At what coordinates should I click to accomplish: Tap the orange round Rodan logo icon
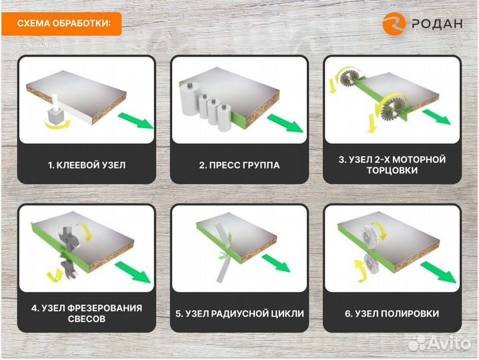point(394,23)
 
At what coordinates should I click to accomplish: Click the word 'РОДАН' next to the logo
point(438,23)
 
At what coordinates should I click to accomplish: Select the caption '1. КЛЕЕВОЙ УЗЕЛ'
point(86,165)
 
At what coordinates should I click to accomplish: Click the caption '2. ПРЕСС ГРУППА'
point(239,165)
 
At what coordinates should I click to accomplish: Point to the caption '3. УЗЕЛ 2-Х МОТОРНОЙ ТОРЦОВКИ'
point(392,165)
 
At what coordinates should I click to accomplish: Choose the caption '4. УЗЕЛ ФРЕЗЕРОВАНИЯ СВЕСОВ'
point(86,313)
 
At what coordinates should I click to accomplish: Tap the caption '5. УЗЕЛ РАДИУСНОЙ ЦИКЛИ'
point(239,313)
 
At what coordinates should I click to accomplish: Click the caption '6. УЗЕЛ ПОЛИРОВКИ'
point(392,313)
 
